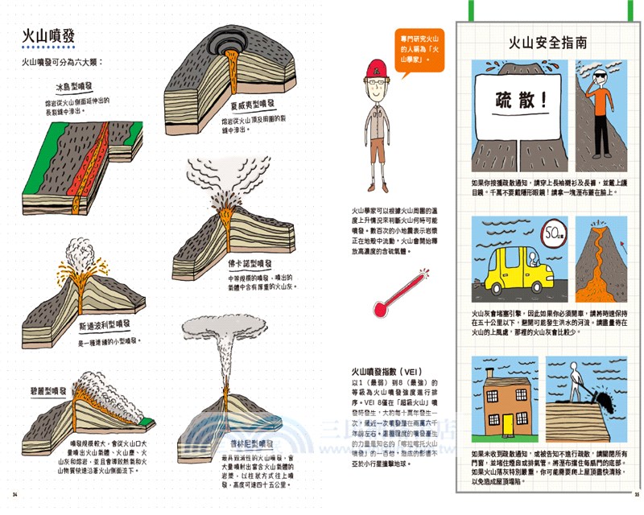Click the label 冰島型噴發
pos(73,86)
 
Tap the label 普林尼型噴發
pos(250,443)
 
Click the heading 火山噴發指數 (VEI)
pos(393,371)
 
